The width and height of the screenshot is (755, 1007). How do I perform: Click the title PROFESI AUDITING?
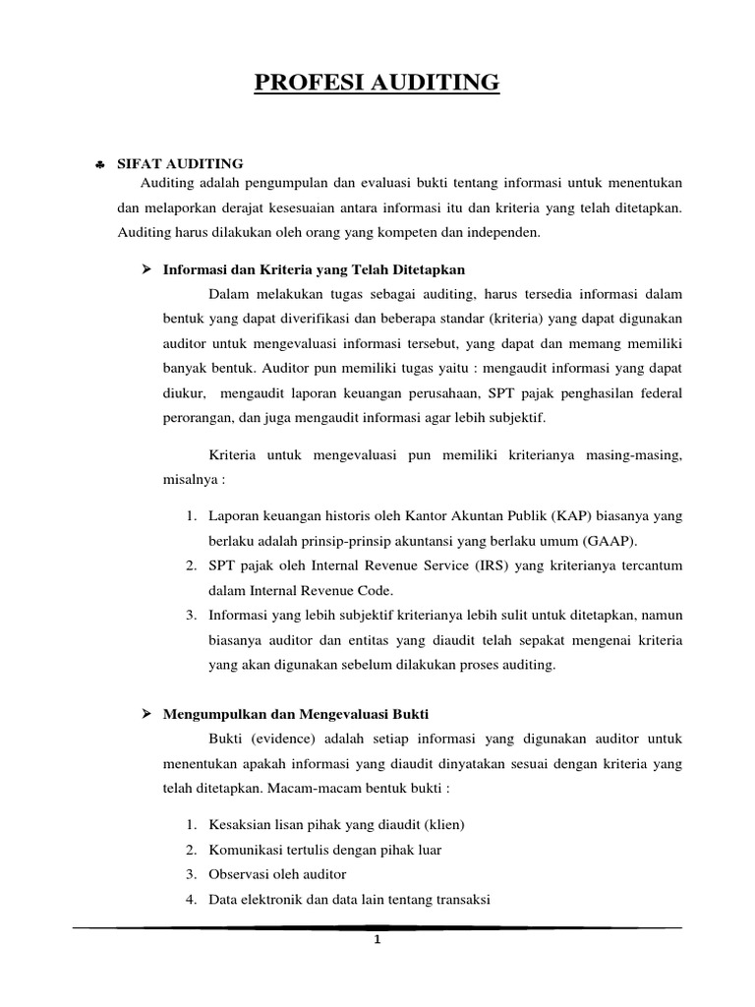[x=377, y=84]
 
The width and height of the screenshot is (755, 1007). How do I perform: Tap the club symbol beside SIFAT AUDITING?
[x=100, y=164]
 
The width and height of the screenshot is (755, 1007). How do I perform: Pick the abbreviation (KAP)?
[x=570, y=515]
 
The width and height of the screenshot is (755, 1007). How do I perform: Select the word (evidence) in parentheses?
[x=280, y=738]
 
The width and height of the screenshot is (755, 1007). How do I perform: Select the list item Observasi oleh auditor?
[x=277, y=873]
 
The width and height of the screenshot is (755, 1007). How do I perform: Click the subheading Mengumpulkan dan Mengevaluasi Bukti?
[x=295, y=712]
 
